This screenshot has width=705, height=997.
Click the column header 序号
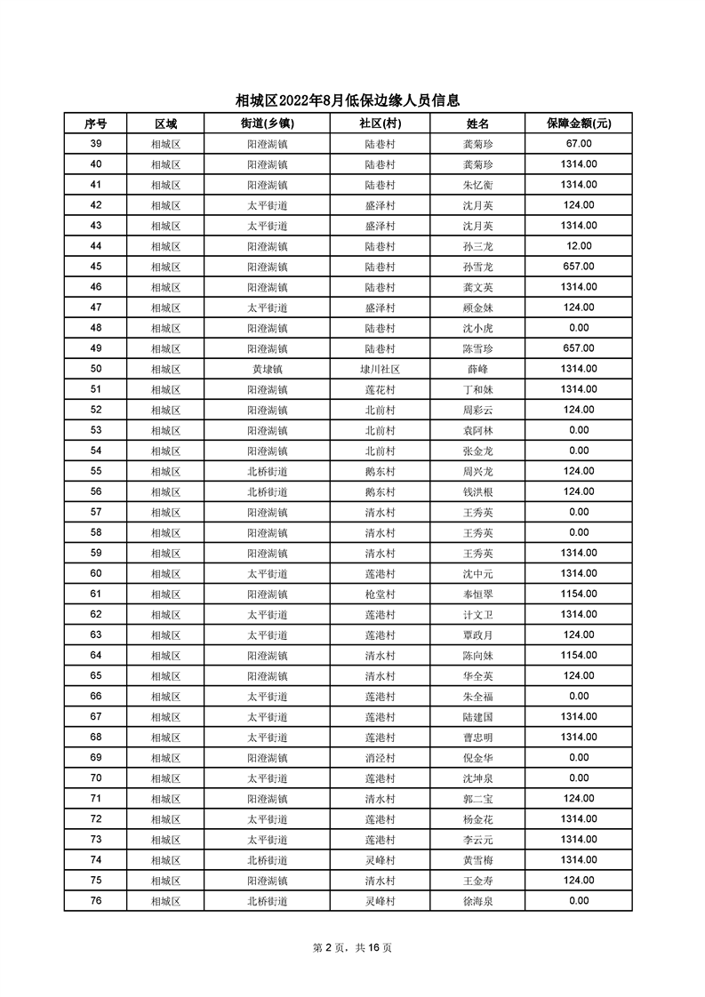(x=95, y=124)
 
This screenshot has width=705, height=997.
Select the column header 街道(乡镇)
(x=267, y=124)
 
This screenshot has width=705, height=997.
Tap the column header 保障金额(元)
(x=578, y=124)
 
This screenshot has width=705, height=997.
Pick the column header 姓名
(x=477, y=124)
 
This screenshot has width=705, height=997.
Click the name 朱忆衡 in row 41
(x=477, y=185)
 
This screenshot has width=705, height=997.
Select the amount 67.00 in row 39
(x=578, y=144)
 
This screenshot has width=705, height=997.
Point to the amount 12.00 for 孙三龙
(x=578, y=246)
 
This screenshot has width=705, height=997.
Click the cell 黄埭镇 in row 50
(x=267, y=369)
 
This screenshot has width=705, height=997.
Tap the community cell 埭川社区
(x=380, y=369)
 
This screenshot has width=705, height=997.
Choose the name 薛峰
(x=477, y=369)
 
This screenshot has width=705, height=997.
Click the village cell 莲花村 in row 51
(x=380, y=389)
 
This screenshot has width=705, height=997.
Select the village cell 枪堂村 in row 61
(x=380, y=594)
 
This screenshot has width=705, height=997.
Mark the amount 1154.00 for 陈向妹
(x=578, y=655)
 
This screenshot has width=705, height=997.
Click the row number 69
(x=95, y=757)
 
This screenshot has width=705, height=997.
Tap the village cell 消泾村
(x=380, y=757)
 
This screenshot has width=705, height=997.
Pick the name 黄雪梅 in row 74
(x=477, y=859)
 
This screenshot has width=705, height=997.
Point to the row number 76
(x=95, y=900)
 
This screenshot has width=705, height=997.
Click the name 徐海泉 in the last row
(x=477, y=900)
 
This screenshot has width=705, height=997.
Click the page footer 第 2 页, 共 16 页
(x=353, y=947)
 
